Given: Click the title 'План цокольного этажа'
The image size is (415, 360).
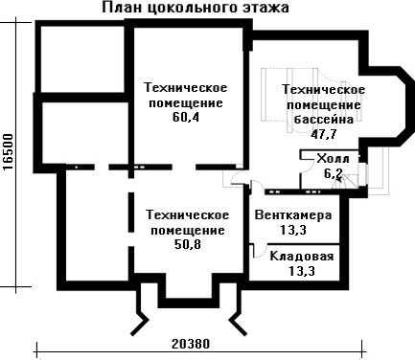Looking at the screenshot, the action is [x=196, y=7].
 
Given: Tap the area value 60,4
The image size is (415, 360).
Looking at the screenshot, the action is [x=186, y=118].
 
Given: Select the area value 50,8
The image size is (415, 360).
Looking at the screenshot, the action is [x=188, y=244].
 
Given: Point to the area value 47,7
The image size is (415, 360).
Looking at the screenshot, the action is [x=324, y=134].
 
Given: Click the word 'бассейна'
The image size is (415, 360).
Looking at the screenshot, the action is [x=324, y=120].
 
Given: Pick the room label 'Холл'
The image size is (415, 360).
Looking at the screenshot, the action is [x=333, y=158].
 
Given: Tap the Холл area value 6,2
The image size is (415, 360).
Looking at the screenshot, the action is [x=334, y=174].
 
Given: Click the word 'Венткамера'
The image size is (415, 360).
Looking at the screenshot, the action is [x=293, y=214].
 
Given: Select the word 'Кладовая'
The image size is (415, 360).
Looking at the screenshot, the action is [x=302, y=256].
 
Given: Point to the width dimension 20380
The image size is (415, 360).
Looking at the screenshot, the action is [x=191, y=344].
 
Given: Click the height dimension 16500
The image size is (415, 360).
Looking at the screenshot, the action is [x=9, y=152].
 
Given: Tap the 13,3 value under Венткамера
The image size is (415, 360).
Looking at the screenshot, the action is [x=293, y=230].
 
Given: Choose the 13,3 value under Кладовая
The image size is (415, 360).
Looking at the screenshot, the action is [x=302, y=271].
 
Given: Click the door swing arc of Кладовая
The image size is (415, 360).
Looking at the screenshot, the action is [x=263, y=252].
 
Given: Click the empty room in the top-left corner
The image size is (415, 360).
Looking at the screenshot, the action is [x=82, y=59].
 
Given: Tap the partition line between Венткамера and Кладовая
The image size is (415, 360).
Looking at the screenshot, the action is [x=294, y=244].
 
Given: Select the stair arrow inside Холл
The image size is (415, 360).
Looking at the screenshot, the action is [x=338, y=179].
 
